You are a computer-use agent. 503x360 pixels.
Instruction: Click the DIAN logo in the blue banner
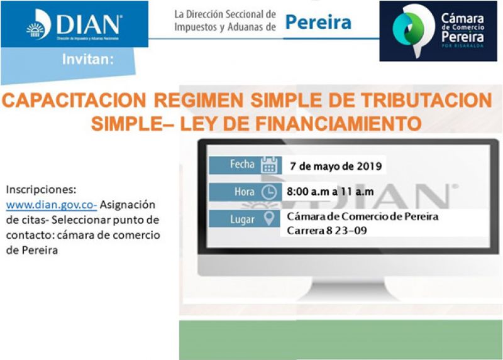(x=74, y=25)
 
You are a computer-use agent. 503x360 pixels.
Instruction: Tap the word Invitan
(x=87, y=59)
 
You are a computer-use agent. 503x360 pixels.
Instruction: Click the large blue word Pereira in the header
(x=318, y=23)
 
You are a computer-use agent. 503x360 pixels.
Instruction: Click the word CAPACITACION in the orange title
(x=74, y=101)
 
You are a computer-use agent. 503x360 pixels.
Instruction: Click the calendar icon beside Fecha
(x=269, y=165)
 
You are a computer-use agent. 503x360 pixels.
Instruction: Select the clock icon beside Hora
(x=269, y=192)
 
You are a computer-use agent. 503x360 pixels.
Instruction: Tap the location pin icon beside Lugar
(x=269, y=218)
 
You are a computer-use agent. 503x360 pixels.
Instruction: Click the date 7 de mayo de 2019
(x=336, y=166)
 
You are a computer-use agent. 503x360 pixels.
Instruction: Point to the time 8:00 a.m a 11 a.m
(x=330, y=192)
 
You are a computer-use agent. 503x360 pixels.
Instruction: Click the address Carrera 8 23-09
(x=326, y=231)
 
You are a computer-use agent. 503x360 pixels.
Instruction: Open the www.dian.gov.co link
(x=52, y=205)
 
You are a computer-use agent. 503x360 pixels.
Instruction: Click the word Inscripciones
(x=41, y=190)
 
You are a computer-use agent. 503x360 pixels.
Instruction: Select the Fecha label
(x=242, y=164)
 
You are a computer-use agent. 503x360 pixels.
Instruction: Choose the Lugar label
(x=242, y=220)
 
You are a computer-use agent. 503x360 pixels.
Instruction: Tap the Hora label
(x=244, y=192)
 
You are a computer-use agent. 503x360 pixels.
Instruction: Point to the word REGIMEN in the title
(x=198, y=101)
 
